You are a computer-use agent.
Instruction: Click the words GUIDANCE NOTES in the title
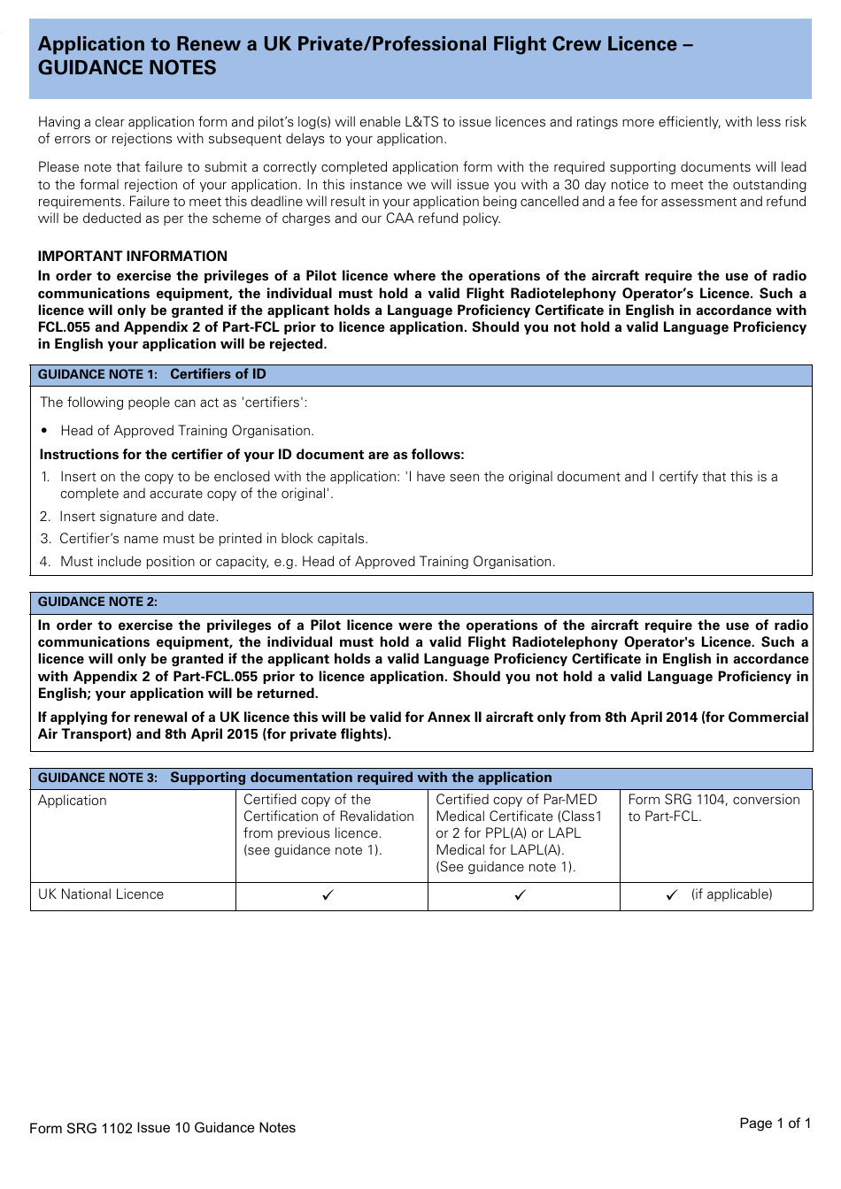click(127, 68)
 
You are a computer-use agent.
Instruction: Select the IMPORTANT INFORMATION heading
click(132, 256)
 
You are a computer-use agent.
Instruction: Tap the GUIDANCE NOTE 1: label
click(97, 374)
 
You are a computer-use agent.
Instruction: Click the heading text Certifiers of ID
click(218, 374)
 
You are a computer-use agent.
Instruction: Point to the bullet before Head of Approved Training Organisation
click(44, 431)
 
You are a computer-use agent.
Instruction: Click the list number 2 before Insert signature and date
click(45, 517)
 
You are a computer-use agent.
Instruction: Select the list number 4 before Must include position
click(45, 562)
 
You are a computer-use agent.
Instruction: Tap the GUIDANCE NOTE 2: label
click(97, 602)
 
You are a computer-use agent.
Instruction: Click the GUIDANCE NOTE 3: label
click(97, 778)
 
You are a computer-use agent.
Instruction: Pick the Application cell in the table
click(73, 801)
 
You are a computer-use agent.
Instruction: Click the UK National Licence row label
click(101, 894)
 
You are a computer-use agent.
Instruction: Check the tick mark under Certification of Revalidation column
click(328, 895)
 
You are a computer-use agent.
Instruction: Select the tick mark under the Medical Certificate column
click(520, 895)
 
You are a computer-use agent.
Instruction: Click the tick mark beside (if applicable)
click(672, 895)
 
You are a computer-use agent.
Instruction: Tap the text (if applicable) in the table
click(731, 894)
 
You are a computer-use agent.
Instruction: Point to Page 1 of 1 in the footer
click(775, 1123)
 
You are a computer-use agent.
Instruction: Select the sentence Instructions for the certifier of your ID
click(251, 455)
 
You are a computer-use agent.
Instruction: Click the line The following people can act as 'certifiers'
click(174, 403)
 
